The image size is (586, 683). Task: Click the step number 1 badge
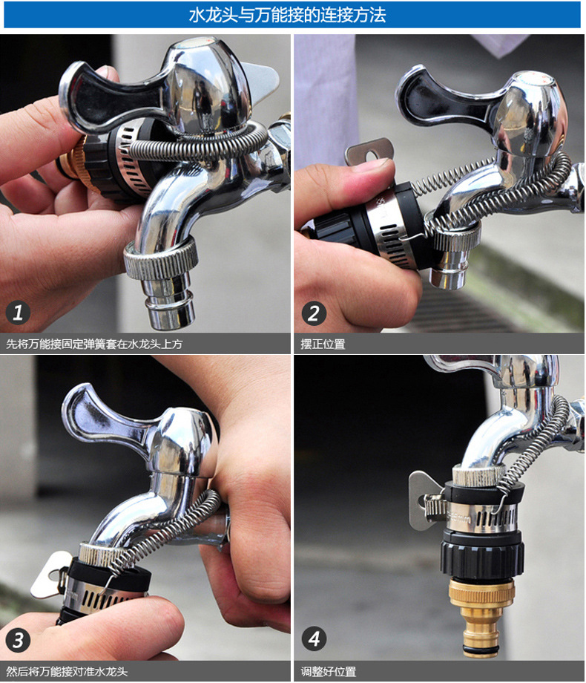(x=18, y=313)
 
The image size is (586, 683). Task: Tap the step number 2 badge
(x=314, y=313)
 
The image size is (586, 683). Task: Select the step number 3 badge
(x=18, y=640)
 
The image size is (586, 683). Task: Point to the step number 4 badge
(x=314, y=638)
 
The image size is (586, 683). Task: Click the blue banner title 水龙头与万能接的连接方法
(x=288, y=15)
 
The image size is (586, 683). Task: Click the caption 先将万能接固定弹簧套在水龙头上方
(x=94, y=344)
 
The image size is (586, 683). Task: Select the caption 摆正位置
(x=323, y=344)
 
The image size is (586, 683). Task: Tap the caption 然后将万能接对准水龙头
(x=67, y=671)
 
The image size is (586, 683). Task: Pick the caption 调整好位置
(x=329, y=671)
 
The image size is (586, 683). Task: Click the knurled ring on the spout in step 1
(x=161, y=260)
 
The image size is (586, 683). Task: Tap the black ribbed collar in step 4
(x=481, y=558)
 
